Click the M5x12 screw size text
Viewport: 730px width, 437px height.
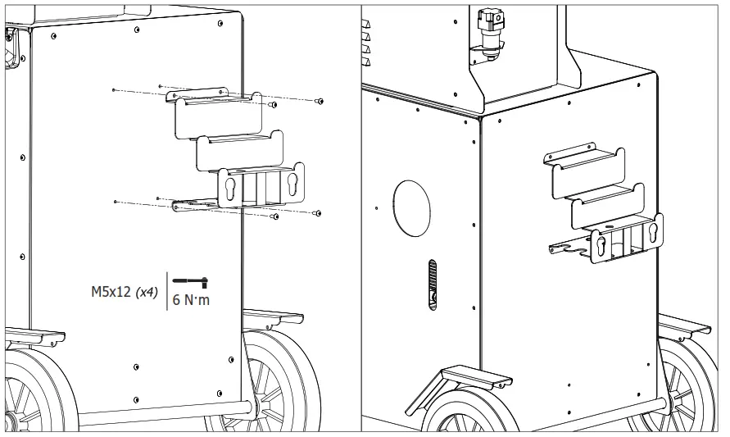pyautogui.click(x=112, y=292)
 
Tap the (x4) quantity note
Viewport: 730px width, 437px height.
pyautogui.click(x=147, y=292)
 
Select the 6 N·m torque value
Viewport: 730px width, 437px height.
pyautogui.click(x=191, y=300)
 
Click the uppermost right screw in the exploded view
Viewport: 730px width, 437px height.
pyautogui.click(x=320, y=101)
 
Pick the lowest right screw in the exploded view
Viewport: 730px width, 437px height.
pyautogui.click(x=317, y=212)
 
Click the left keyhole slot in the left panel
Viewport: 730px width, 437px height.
pyautogui.click(x=231, y=186)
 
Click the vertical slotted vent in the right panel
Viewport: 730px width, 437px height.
pyautogui.click(x=433, y=286)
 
